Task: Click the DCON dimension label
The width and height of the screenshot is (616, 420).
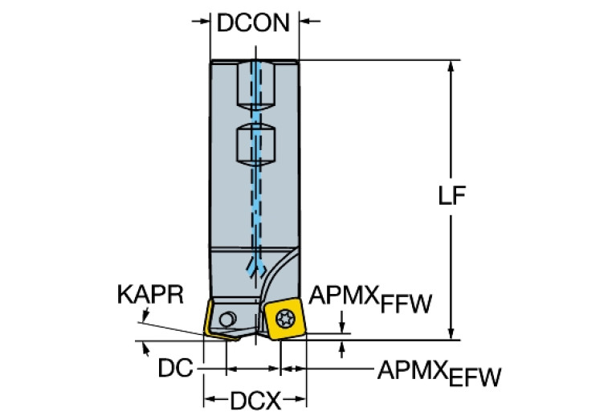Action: pyautogui.click(x=253, y=22)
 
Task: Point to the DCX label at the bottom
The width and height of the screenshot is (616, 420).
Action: pyautogui.click(x=255, y=399)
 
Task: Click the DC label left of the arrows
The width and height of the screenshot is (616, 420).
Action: pyautogui.click(x=175, y=369)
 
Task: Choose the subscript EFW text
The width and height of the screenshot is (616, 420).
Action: pyautogui.click(x=474, y=376)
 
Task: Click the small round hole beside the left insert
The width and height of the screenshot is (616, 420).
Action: pyautogui.click(x=230, y=317)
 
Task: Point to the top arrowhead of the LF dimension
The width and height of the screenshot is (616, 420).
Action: pyautogui.click(x=452, y=66)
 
